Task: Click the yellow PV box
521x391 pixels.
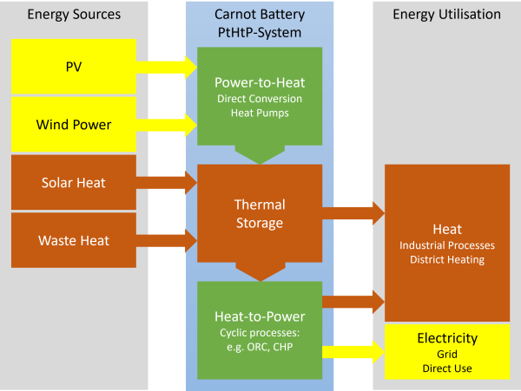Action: tap(74, 66)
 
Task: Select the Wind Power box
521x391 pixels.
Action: tap(74, 124)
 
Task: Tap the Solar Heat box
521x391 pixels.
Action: tap(74, 182)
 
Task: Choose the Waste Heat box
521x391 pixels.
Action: tap(74, 240)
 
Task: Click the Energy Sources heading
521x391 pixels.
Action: tap(74, 15)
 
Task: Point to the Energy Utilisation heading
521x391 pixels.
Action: tap(446, 15)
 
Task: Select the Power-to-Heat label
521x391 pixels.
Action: tap(260, 82)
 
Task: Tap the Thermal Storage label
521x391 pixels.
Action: tap(260, 213)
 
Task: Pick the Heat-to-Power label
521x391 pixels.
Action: tap(260, 316)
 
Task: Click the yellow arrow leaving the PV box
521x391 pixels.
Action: tap(168, 66)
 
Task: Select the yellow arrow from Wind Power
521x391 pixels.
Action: tap(168, 124)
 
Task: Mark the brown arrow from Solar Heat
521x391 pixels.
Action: tap(168, 182)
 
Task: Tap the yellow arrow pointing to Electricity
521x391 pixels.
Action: tap(353, 351)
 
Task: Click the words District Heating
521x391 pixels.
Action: tap(447, 259)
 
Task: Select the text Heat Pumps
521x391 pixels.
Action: tap(260, 114)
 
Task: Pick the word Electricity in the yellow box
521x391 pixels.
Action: tap(447, 338)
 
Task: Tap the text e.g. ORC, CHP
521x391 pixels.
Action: tap(260, 347)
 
